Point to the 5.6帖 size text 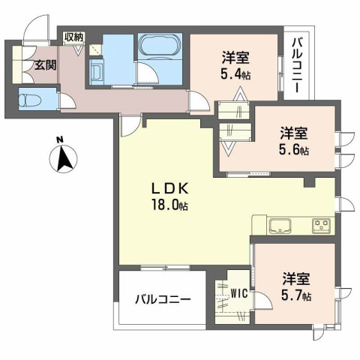click(x=293, y=150)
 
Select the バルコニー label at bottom click(x=163, y=298)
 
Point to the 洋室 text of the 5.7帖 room click(x=295, y=277)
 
